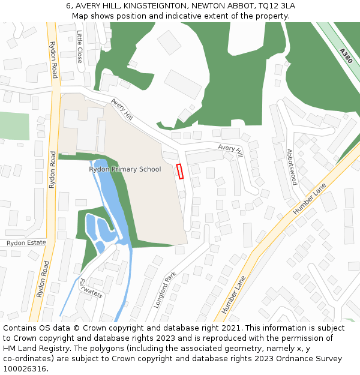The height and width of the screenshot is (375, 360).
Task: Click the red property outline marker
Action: point(179,171)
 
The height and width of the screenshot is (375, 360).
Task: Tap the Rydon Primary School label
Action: point(125,169)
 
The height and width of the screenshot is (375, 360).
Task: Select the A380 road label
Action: point(345,56)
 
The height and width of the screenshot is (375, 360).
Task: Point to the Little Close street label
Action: point(79,47)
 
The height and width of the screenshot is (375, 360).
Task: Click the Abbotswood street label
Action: point(292,167)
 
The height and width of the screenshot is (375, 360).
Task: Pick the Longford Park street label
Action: point(164,290)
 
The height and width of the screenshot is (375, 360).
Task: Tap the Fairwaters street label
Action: point(90,288)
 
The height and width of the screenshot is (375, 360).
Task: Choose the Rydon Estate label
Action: point(26,243)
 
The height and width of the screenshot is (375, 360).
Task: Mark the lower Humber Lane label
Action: point(234,295)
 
